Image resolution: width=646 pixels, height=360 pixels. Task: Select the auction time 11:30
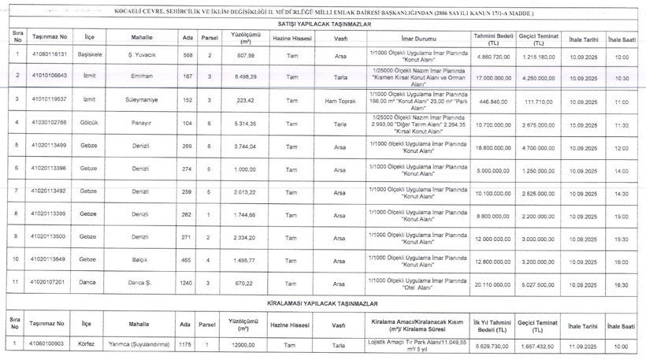click(x=622, y=125)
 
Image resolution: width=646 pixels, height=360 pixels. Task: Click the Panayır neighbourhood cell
click(x=141, y=124)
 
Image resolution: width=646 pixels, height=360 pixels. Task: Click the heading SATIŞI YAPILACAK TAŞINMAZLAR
click(x=324, y=24)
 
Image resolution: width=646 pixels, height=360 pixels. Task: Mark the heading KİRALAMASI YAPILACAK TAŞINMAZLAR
click(x=324, y=302)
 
